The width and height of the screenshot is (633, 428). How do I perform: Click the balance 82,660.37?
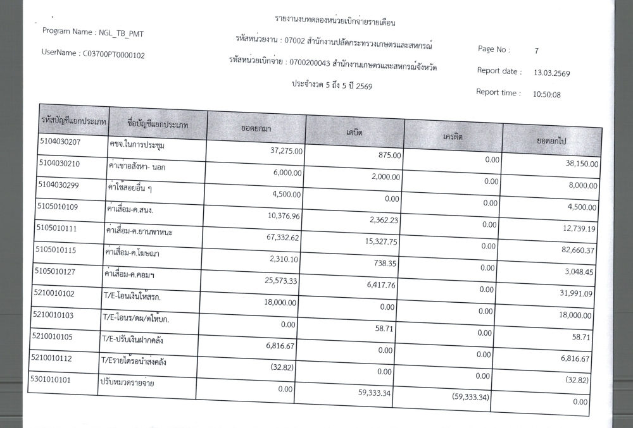(x=575, y=251)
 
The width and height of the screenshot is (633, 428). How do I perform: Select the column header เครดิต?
(x=453, y=137)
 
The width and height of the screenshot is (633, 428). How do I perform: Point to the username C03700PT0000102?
(x=114, y=55)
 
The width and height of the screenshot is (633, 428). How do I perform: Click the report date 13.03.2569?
(x=552, y=73)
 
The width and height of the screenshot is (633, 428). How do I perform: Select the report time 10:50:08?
(x=548, y=95)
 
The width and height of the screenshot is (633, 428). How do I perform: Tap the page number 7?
(x=536, y=50)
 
